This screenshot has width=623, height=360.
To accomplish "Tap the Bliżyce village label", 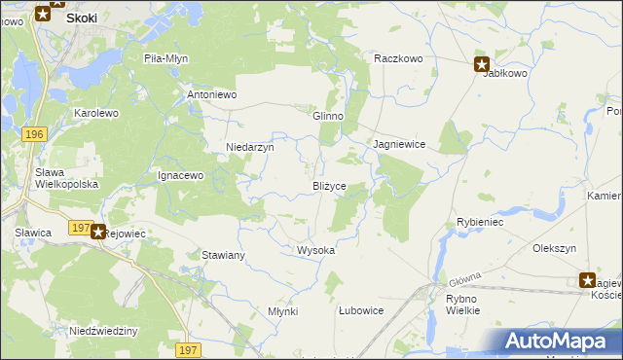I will pyautogui.click(x=329, y=186).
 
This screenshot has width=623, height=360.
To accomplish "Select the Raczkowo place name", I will pyautogui.click(x=398, y=58).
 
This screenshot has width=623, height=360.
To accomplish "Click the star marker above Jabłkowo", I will pyautogui.click(x=483, y=65).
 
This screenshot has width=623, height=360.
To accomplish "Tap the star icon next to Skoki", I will pyautogui.click(x=43, y=14).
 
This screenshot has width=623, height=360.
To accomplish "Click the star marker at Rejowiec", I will pyautogui.click(x=98, y=232).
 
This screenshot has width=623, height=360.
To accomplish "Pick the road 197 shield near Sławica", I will pyautogui.click(x=82, y=227).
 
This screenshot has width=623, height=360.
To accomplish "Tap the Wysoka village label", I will pyautogui.click(x=315, y=250).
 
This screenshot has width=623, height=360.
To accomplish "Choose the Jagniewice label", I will pyautogui.click(x=399, y=144).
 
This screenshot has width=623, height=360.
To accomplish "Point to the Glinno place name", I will pyautogui.click(x=327, y=116).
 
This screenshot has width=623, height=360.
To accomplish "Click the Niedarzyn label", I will pyautogui.click(x=250, y=148).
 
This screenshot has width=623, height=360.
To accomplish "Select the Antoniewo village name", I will pyautogui.click(x=212, y=95).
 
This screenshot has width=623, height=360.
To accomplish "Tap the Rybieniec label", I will pyautogui.click(x=479, y=222).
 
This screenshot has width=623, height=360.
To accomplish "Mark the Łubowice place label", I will pyautogui.click(x=360, y=310).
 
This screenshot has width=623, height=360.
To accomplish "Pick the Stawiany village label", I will pyautogui.click(x=223, y=255).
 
